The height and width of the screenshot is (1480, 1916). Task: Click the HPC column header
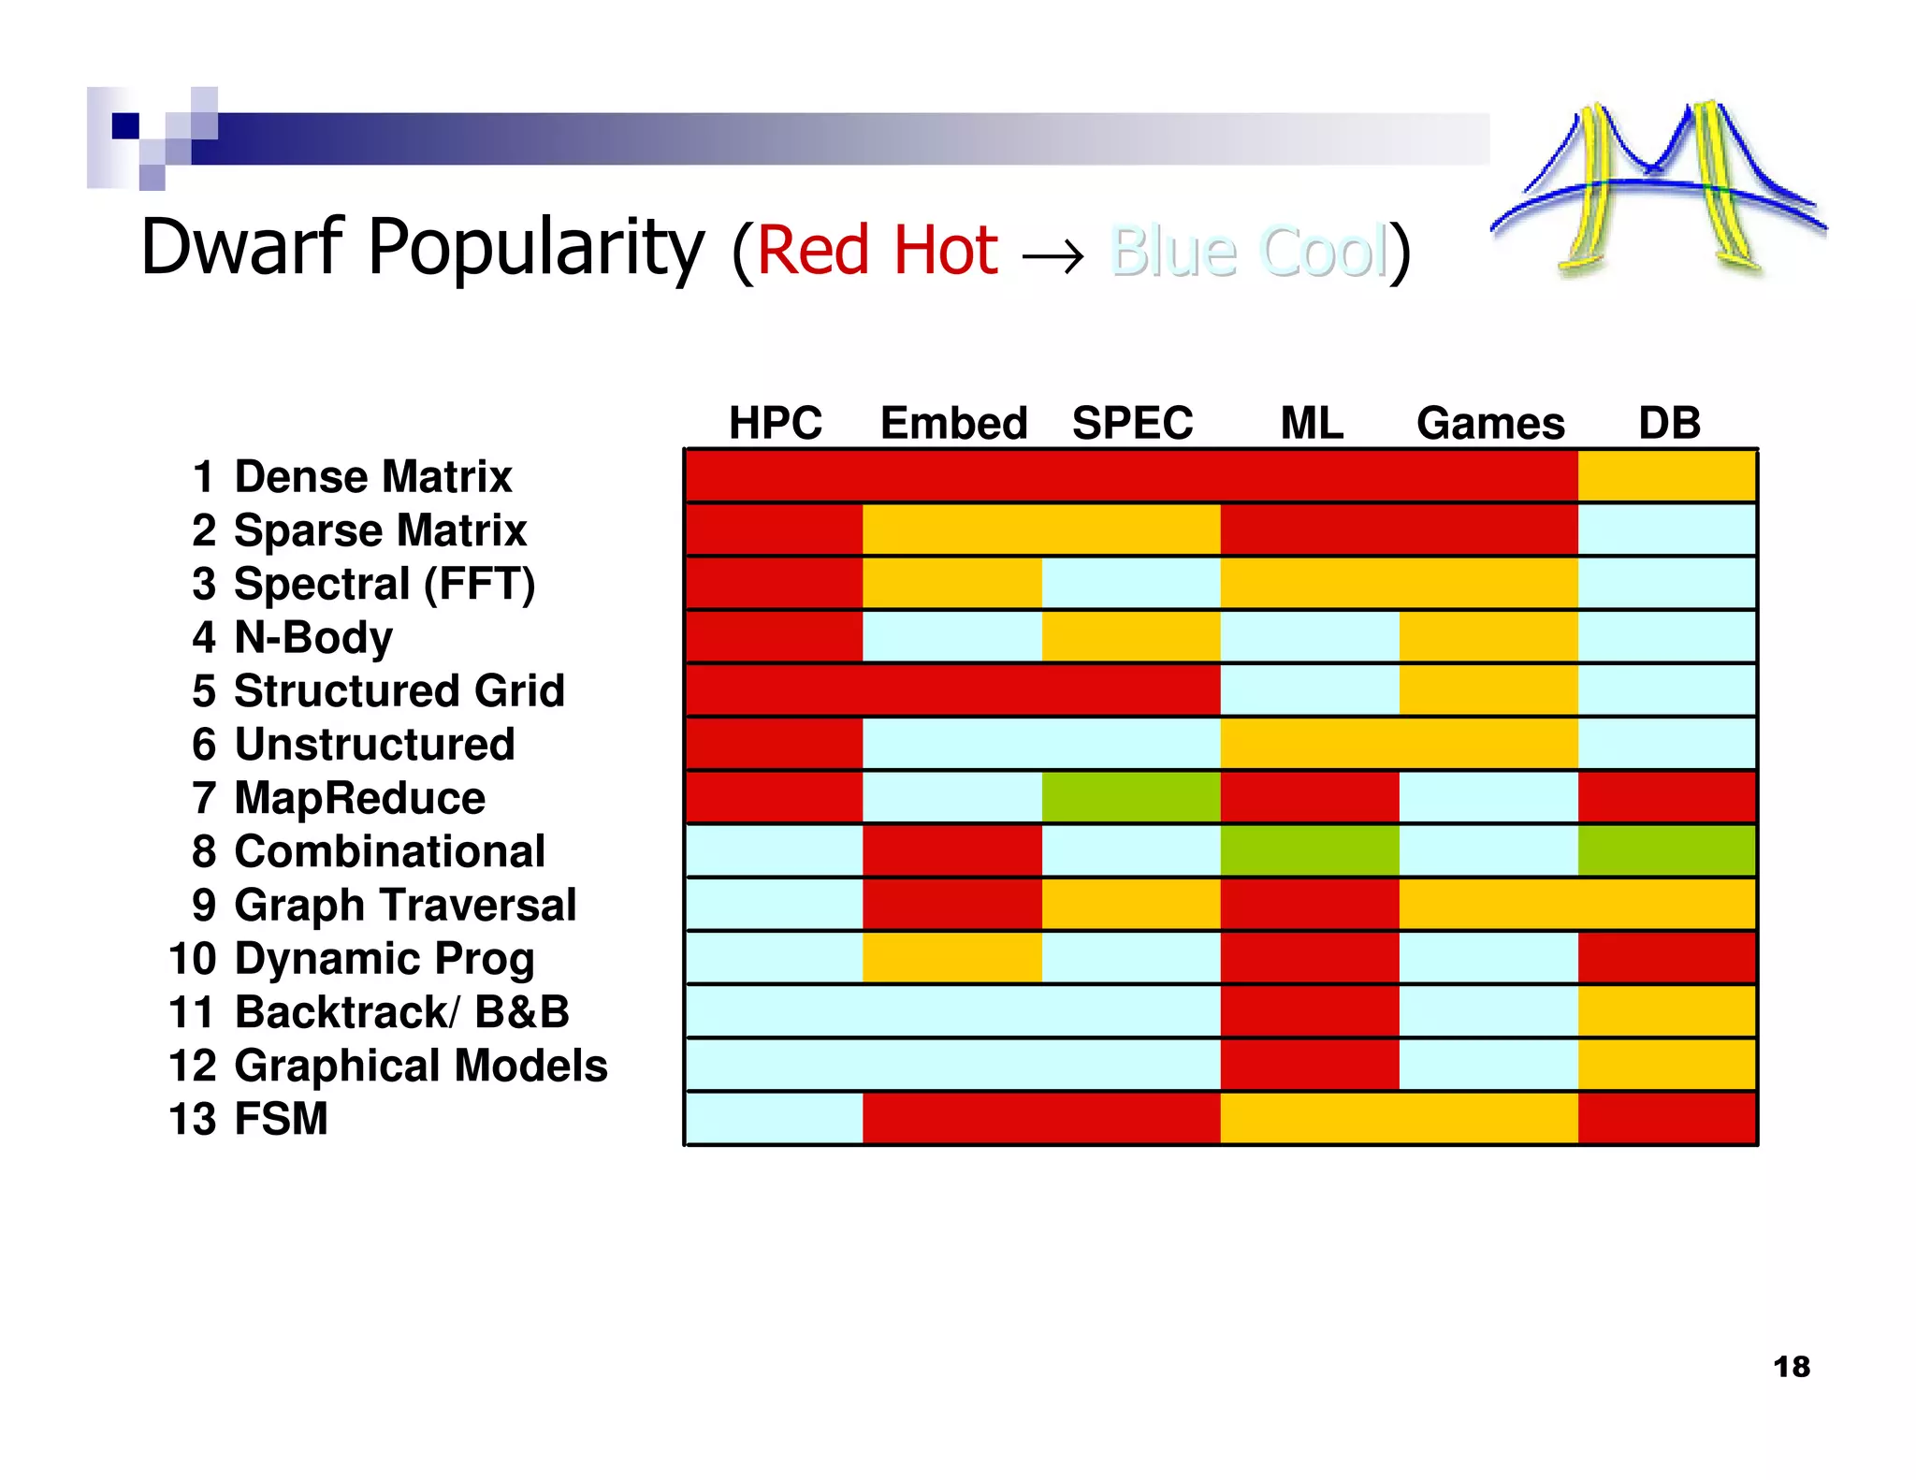tap(775, 423)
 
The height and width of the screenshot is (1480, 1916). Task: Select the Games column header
tap(1489, 423)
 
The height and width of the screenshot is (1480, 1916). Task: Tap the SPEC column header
tap(1132, 423)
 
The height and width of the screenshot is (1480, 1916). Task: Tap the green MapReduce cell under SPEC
tap(1131, 797)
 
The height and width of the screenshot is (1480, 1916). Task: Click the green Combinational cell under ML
tap(1310, 850)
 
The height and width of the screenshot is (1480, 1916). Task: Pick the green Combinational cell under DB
tap(1666, 850)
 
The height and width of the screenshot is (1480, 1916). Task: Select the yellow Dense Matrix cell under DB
tap(1666, 475)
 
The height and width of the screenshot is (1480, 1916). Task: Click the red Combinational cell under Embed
tap(952, 850)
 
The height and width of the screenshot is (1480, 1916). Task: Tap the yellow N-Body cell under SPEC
tap(1131, 636)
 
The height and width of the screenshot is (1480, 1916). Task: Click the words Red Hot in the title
tap(878, 251)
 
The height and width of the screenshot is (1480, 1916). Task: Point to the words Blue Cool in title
tap(1248, 251)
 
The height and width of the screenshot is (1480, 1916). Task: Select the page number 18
tap(1791, 1367)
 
